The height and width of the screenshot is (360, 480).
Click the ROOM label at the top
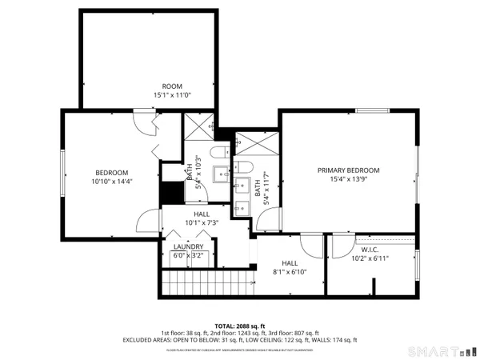coord(172,86)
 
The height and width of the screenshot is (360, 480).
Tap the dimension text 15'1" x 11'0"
coord(172,95)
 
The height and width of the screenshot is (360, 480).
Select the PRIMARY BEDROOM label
coord(348,170)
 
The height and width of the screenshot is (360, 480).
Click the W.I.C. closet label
coord(370,249)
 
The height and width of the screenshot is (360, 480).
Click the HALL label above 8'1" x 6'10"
coord(289,262)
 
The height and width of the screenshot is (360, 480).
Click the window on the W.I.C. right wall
coord(418,265)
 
